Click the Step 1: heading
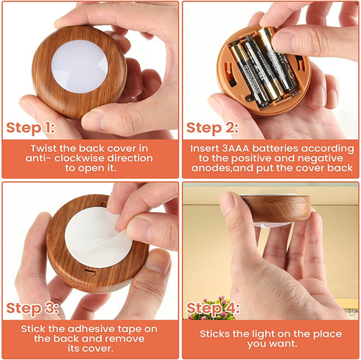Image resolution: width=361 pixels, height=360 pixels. (30, 128)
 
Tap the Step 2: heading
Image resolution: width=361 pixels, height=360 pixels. (212, 128)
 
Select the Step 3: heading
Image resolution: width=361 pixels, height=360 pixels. (32, 308)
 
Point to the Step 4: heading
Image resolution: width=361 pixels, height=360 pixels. (213, 308)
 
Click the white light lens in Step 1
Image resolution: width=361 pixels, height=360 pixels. (80, 66)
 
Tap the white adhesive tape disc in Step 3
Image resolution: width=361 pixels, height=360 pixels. (98, 237)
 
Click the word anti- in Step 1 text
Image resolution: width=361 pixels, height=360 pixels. (38, 158)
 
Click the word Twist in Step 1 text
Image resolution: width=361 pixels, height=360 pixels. (43, 149)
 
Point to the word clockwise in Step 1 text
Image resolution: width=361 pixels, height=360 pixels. (78, 158)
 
